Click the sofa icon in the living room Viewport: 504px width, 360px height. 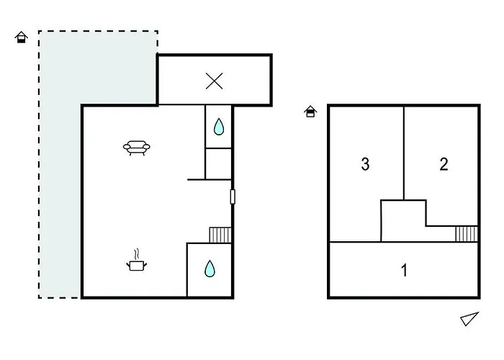[138, 149]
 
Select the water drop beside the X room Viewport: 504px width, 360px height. [219, 127]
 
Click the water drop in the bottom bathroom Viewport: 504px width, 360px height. [210, 269]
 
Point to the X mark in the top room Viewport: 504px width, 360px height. [214, 81]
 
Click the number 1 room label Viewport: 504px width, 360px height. [404, 271]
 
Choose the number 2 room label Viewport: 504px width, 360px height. [444, 164]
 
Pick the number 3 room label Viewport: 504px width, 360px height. [365, 164]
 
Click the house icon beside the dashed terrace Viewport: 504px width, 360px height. [22, 37]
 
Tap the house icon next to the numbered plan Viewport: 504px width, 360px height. [310, 112]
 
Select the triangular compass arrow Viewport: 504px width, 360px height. [469, 318]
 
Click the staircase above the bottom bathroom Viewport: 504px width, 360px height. [220, 235]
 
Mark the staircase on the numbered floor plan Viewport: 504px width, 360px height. [467, 234]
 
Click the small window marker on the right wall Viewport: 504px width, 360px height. [232, 197]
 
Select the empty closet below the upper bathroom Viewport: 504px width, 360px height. [219, 163]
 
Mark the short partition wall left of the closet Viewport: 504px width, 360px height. [196, 179]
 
